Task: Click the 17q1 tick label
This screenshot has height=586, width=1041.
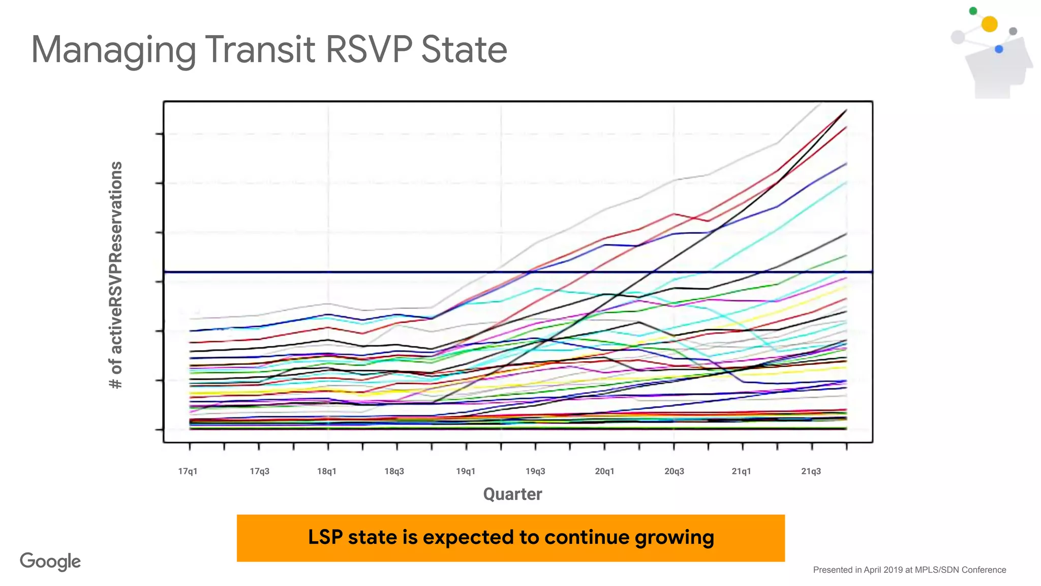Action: pos(188,471)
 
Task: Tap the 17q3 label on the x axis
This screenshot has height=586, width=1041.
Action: pos(259,471)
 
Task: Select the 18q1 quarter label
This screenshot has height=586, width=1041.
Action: pos(327,471)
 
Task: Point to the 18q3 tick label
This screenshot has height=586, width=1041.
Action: pos(394,471)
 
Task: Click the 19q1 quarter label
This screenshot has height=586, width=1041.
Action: pos(466,471)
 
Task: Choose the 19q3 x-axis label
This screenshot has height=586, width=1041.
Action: pos(535,471)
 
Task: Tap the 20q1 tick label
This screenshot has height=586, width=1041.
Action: pos(604,471)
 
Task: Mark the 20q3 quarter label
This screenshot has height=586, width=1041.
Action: pos(674,471)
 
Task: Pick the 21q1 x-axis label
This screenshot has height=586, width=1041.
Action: pos(741,471)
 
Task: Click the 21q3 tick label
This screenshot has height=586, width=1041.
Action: pos(811,471)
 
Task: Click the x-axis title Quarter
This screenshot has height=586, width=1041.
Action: pos(512,494)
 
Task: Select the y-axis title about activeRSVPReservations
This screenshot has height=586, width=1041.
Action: pos(116,275)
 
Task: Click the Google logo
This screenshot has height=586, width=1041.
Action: pos(50,562)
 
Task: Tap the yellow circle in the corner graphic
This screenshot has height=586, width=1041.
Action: pos(989,24)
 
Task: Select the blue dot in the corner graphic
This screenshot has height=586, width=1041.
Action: pos(999,49)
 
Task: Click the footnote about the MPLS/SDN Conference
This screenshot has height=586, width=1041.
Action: pos(909,570)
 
